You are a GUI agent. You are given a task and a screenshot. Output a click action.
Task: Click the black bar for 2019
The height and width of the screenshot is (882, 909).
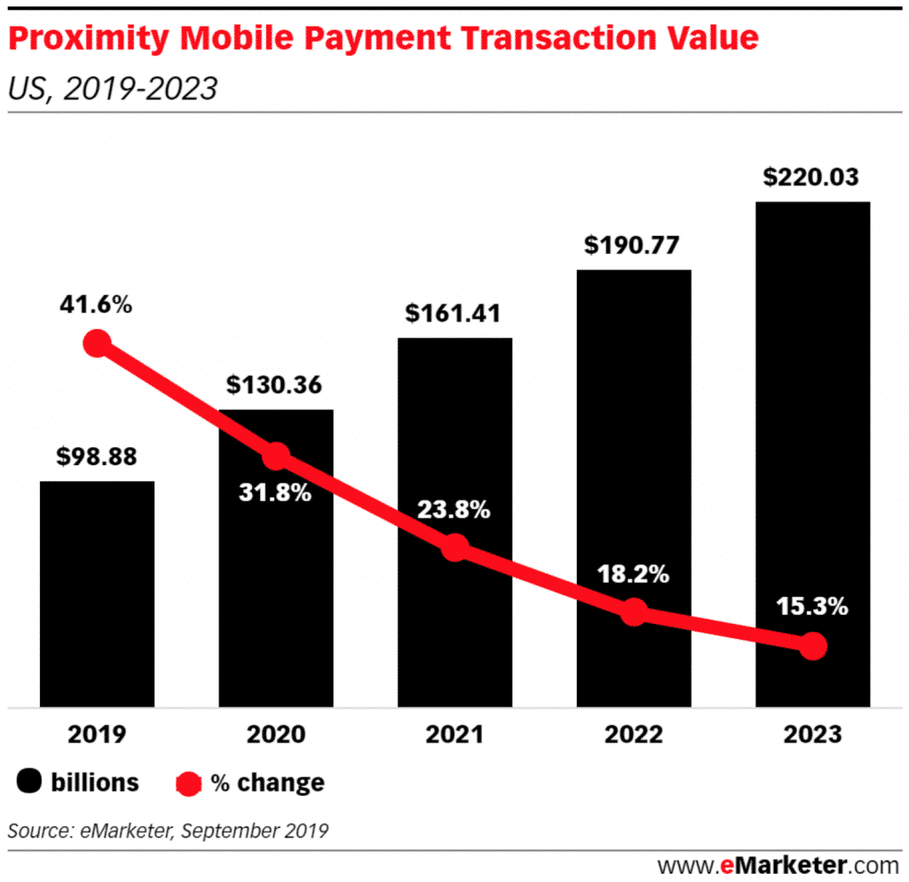[97, 595]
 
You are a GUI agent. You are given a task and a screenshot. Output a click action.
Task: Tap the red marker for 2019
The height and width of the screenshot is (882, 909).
[97, 343]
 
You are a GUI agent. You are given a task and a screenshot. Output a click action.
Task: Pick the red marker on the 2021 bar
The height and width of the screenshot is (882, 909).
[454, 547]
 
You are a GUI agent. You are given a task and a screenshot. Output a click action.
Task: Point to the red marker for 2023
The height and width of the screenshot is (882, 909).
[811, 647]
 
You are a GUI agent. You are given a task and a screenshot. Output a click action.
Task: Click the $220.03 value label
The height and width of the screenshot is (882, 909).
[811, 177]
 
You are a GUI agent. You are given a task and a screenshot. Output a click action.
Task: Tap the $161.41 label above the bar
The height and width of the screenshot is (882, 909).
[454, 313]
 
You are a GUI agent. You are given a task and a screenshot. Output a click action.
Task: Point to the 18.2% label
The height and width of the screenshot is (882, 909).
[633, 574]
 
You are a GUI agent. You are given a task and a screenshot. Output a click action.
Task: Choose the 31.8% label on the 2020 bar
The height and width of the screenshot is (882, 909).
[275, 492]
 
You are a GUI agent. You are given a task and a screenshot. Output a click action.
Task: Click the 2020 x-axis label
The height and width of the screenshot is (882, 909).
[275, 735]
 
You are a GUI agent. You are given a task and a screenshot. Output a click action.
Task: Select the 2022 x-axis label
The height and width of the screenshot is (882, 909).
[633, 735]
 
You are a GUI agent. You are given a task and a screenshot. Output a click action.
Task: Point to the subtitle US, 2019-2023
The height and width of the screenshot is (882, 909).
[112, 89]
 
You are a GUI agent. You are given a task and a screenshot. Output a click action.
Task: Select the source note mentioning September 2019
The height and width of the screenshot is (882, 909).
[169, 831]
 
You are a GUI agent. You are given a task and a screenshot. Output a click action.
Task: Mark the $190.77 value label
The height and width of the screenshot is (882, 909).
[633, 245]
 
